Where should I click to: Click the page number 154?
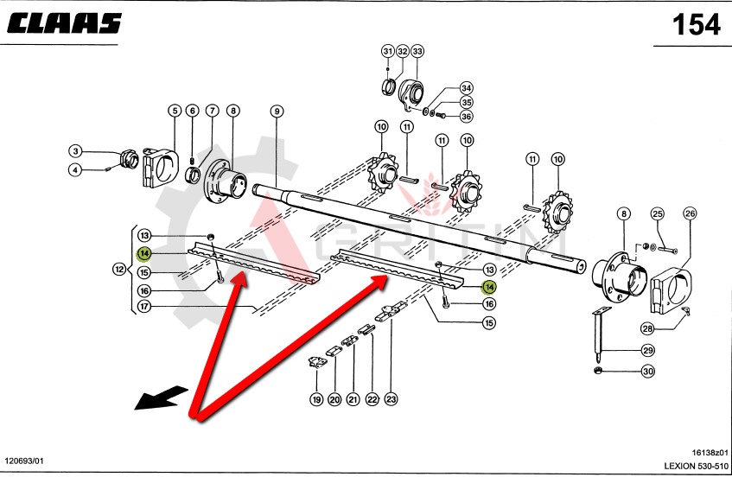coord(696,25)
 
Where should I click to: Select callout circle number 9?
coord(277,111)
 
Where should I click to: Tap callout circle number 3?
coord(75,151)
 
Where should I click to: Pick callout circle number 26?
coord(690,213)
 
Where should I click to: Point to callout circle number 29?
coord(648,351)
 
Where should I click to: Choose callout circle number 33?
coord(417,52)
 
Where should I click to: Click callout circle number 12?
coord(120,270)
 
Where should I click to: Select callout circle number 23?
coord(391,399)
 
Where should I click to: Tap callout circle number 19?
coord(316,399)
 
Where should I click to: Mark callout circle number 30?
coord(648,372)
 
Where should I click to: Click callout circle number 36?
coord(466,117)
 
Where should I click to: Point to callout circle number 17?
coord(144,306)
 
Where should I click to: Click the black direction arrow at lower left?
coord(161,397)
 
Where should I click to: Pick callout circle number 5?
coord(175,111)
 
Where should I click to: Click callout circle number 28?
coord(646,328)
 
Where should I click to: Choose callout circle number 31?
coord(387,52)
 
